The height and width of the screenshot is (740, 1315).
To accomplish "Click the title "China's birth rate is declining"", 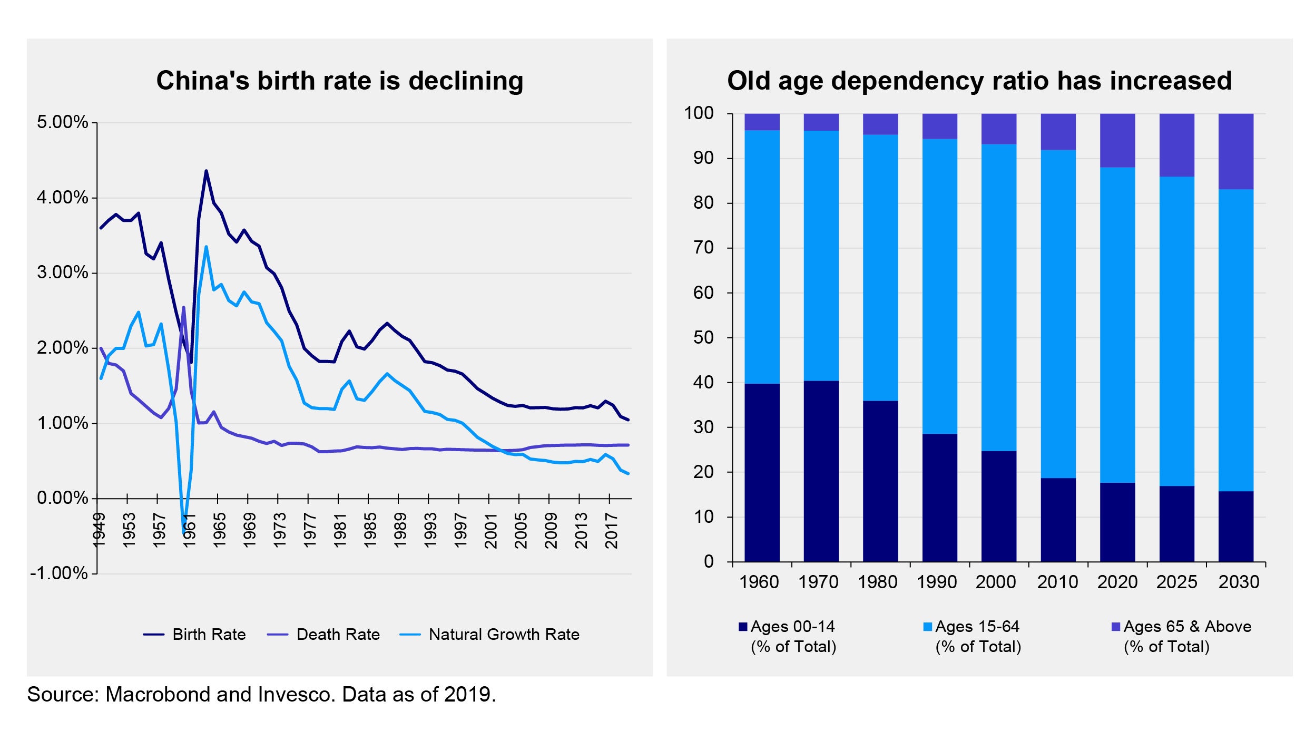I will point(340,81).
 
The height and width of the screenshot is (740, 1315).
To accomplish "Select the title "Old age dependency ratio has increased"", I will point(979,81).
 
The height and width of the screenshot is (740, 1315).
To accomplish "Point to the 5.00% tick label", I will point(62,122).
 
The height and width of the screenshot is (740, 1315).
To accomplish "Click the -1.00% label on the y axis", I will point(59,573).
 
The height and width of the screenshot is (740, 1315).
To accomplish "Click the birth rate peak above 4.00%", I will point(206,171).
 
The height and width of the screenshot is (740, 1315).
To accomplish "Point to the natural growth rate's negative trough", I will point(184,532).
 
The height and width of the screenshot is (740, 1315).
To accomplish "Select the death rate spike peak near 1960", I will point(183,307).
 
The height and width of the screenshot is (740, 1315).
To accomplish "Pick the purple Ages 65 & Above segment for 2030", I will point(1235,151).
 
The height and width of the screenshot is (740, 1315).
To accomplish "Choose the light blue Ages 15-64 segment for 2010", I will point(1058,314).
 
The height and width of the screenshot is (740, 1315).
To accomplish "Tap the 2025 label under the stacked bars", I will point(1176,582).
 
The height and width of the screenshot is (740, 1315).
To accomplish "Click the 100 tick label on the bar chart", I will point(699,113).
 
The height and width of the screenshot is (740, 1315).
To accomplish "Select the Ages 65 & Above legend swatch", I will point(1115,627).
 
